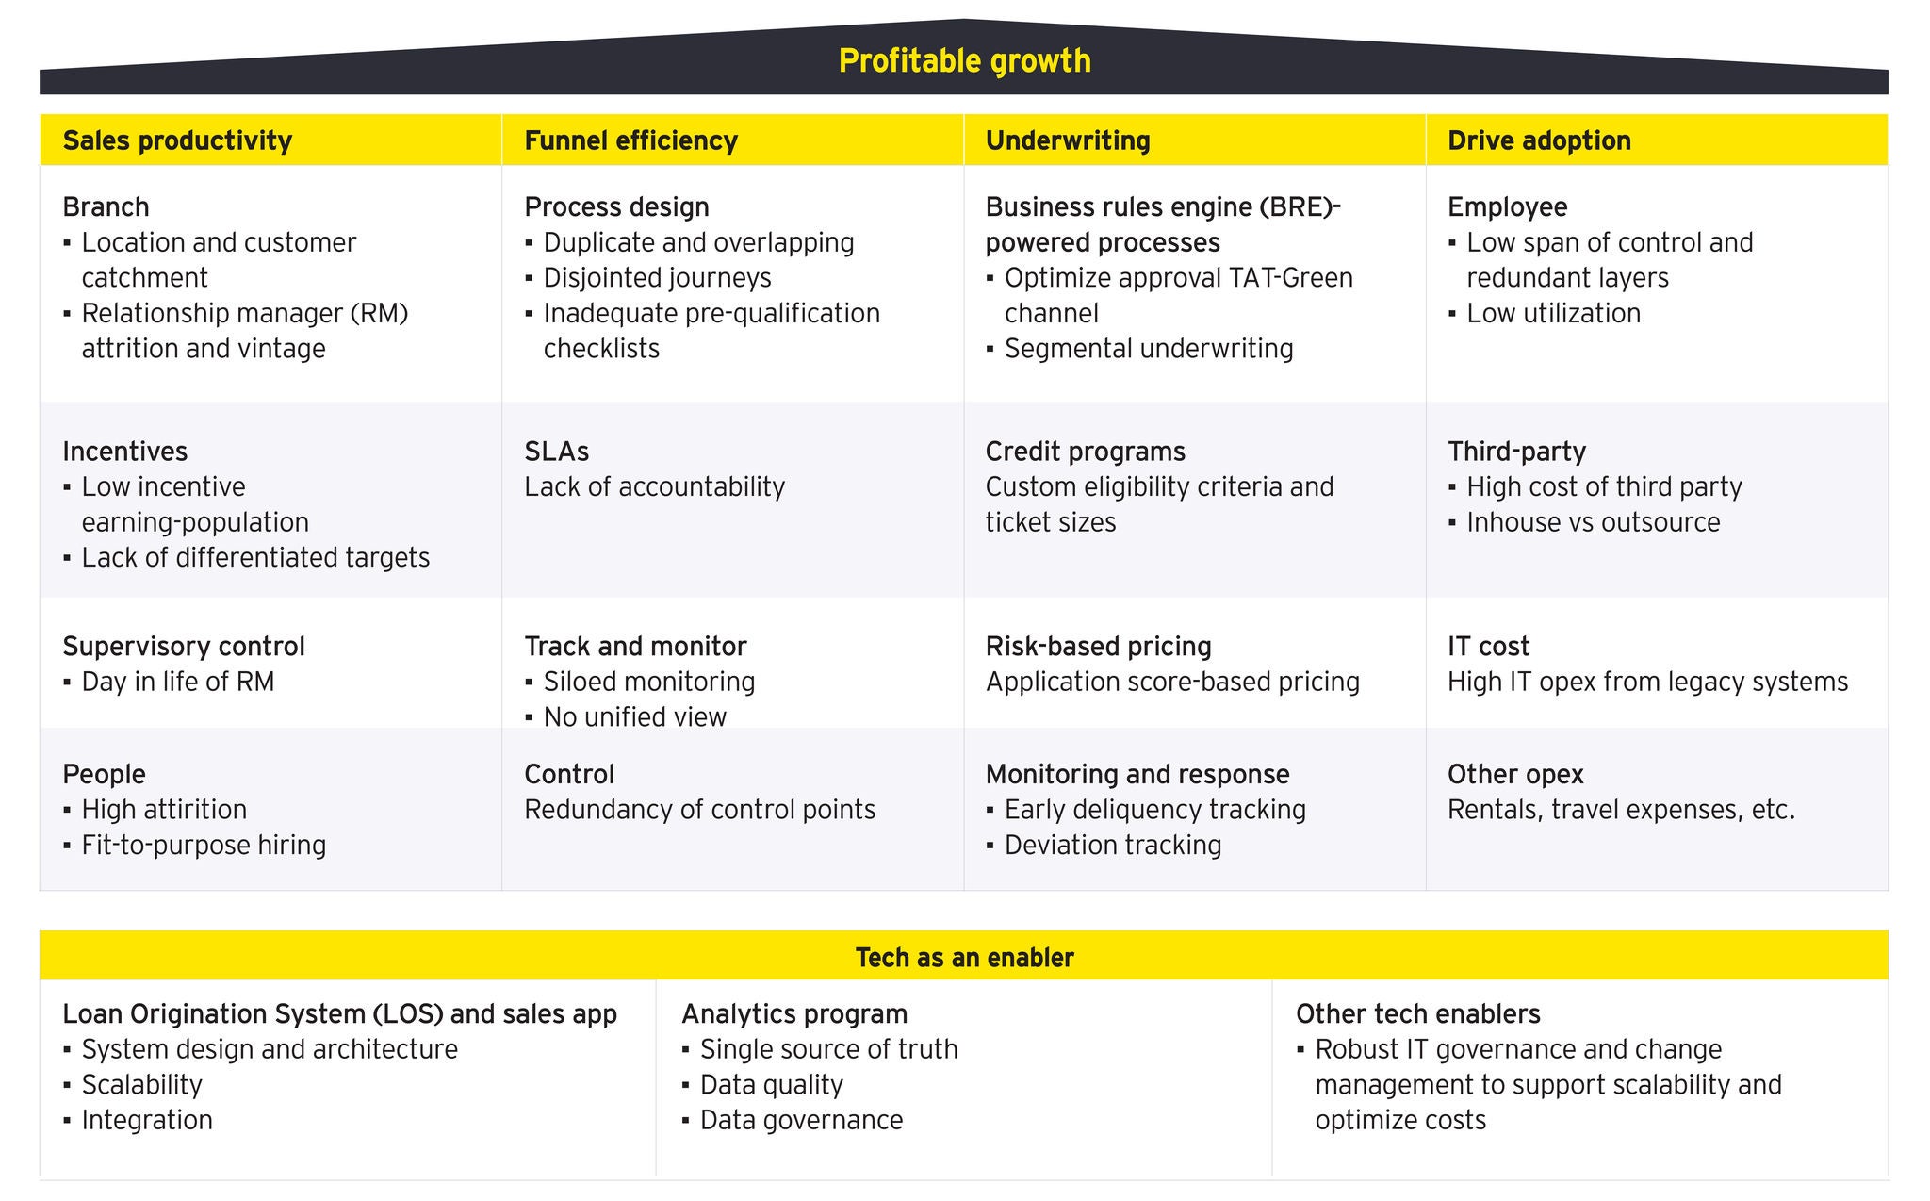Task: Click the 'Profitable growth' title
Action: [964, 61]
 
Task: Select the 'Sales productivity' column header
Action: [177, 140]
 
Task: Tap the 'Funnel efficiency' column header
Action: [630, 140]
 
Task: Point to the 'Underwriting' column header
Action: [1068, 140]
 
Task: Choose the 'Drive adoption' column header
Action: [1539, 140]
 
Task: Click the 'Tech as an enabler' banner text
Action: [964, 958]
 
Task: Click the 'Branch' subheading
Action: [106, 206]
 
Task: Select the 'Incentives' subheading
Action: [125, 452]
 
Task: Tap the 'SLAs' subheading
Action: [556, 452]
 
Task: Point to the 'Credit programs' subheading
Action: [1085, 452]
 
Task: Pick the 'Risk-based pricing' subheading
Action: [1098, 647]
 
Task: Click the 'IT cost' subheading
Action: [1488, 647]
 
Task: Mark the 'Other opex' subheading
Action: [1515, 775]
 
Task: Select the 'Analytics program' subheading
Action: [794, 1014]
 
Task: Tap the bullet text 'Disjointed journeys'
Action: [657, 278]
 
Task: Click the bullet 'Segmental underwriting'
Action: [1148, 349]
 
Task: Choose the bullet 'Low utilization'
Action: [1553, 314]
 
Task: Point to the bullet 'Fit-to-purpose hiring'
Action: [204, 845]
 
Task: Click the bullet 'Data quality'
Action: [771, 1085]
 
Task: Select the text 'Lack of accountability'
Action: [654, 487]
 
